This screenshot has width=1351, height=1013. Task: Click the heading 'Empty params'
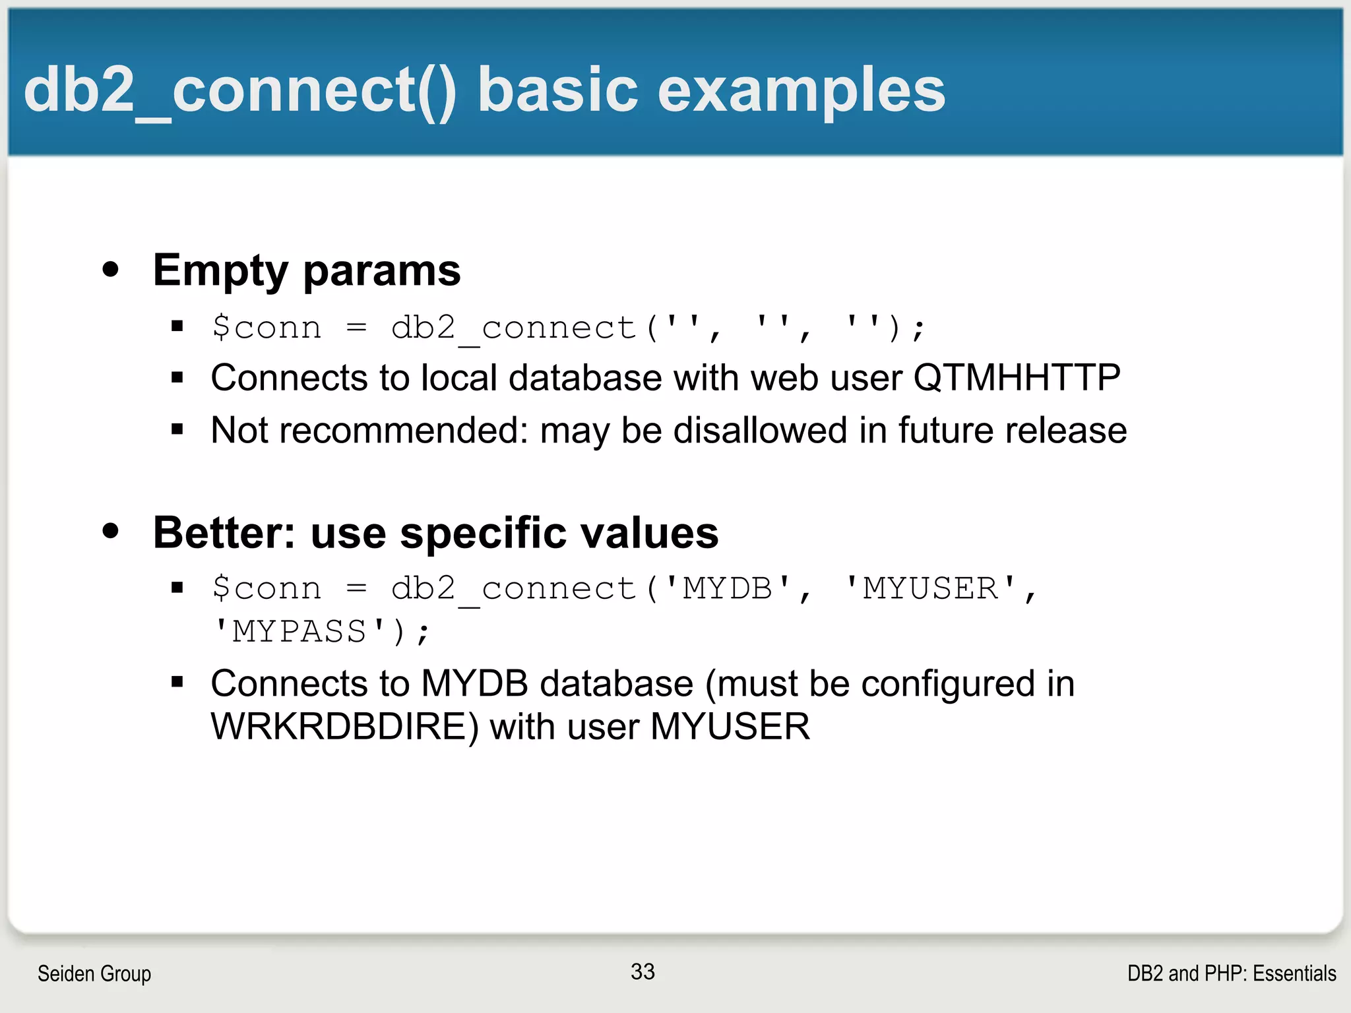point(307,270)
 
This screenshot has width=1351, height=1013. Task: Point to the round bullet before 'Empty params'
point(111,269)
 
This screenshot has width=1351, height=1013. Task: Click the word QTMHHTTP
point(1017,378)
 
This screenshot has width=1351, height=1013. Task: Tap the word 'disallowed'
point(760,431)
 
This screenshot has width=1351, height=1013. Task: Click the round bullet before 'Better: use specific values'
point(111,531)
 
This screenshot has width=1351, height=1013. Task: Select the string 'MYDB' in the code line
point(727,588)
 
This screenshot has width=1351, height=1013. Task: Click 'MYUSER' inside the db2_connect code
point(930,588)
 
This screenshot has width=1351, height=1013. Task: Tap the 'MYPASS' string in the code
point(299,632)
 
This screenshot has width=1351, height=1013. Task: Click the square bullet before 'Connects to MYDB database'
point(177,682)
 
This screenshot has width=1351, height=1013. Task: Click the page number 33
point(643,971)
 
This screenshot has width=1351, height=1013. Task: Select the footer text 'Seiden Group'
point(94,973)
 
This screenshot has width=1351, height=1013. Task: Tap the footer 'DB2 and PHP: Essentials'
point(1231,973)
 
